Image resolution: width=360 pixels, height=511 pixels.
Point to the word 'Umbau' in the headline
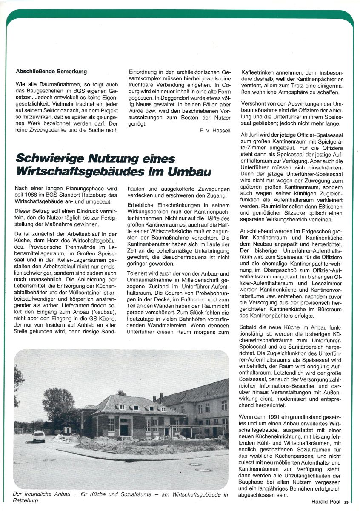pyautogui.click(x=189, y=172)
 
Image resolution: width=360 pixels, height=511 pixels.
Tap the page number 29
pyautogui.click(x=346, y=502)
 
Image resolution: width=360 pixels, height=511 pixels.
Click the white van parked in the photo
pyautogui.click(x=39, y=436)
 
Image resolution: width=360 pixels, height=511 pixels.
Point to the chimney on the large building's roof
pyautogui.click(x=161, y=398)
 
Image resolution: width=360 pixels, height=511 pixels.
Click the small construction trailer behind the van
pyautogui.click(x=67, y=430)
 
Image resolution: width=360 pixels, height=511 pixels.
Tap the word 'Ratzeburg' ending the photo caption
pyautogui.click(x=26, y=500)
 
